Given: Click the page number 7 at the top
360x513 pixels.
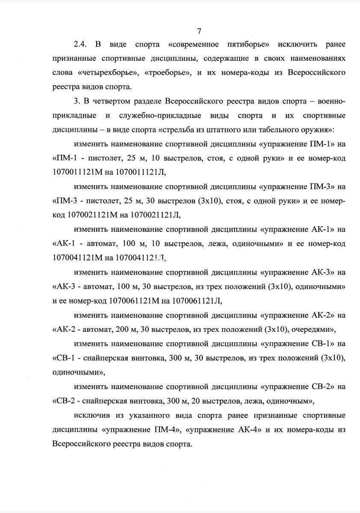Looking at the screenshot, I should point(199,31).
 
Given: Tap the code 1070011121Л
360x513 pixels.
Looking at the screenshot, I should point(140,172).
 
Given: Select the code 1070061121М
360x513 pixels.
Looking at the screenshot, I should point(135,301).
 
